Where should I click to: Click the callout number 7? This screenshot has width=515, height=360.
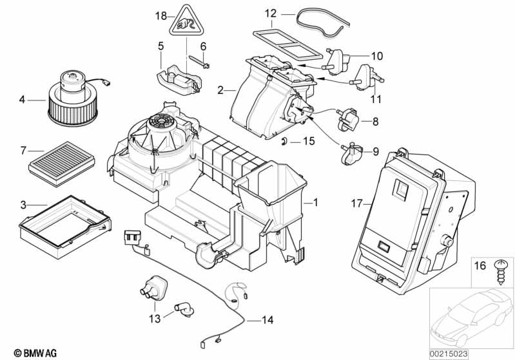pyautogui.click(x=23, y=151)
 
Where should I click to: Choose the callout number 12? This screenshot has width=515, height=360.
pyautogui.click(x=270, y=13)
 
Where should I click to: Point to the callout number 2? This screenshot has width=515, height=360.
pyautogui.click(x=221, y=91)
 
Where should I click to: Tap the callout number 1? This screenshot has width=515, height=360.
pyautogui.click(x=316, y=202)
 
